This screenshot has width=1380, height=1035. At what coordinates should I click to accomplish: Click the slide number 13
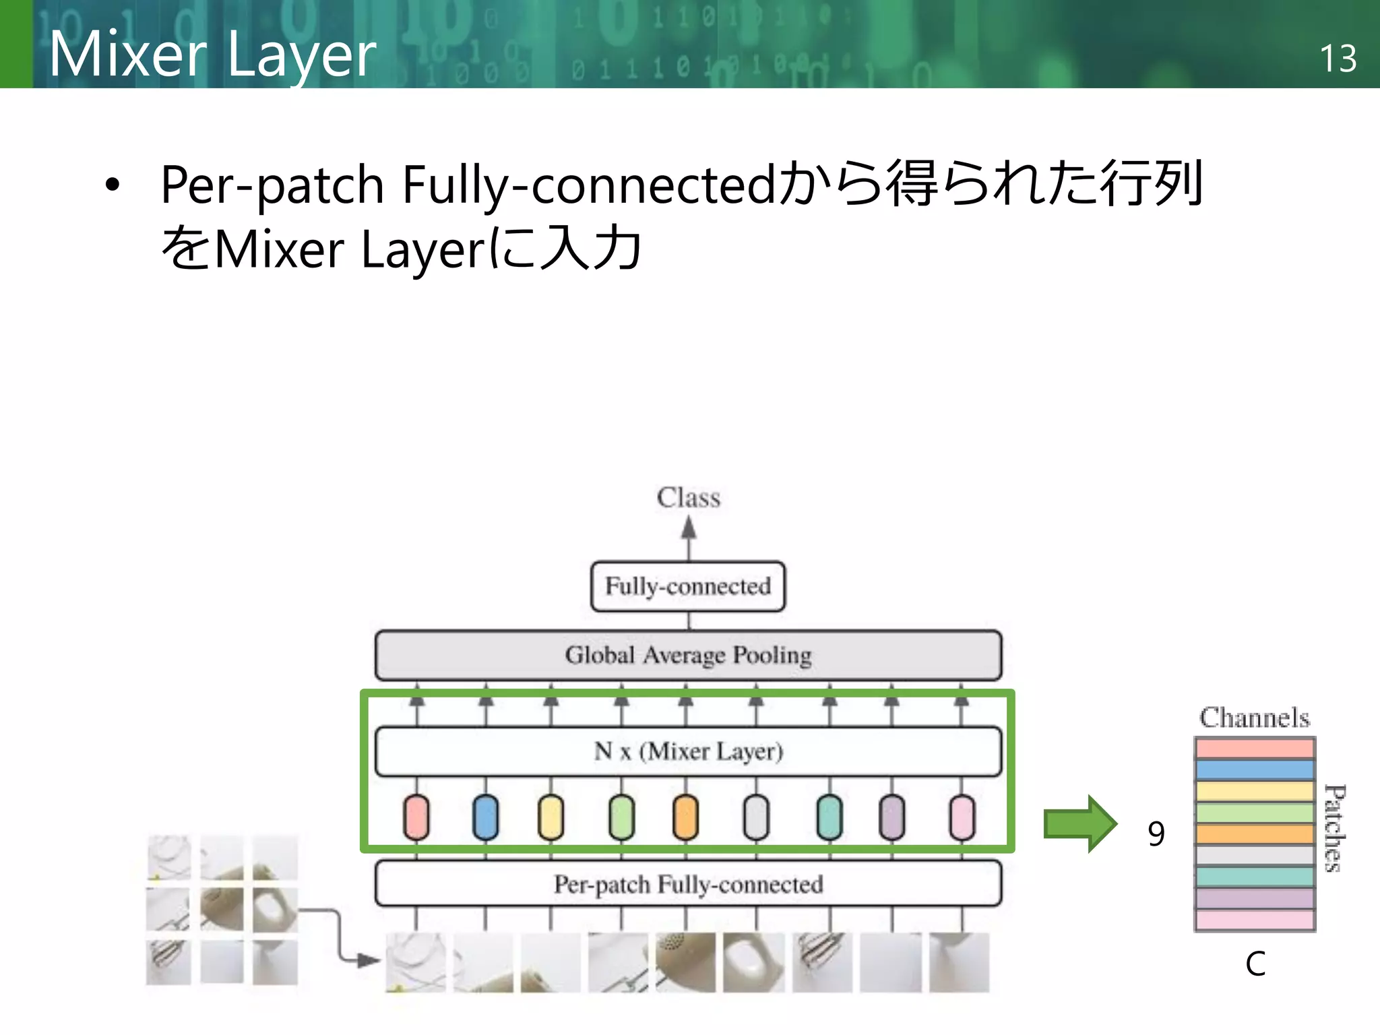coord(1338,59)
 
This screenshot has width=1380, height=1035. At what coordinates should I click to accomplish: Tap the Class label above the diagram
coord(688,498)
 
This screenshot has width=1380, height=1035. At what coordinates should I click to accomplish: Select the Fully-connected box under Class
coord(688,586)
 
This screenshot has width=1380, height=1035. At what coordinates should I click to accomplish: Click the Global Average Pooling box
coord(688,655)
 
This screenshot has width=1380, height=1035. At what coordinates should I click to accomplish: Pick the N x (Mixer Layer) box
coord(688,751)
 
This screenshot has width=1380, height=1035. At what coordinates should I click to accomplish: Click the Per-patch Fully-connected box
coord(688,883)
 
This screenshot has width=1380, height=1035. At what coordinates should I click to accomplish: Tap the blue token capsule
coord(485,817)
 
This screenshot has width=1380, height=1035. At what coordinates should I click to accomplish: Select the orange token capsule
coord(685,817)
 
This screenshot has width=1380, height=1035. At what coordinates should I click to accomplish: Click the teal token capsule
coord(829,817)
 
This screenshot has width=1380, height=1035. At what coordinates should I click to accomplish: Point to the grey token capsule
coord(756,817)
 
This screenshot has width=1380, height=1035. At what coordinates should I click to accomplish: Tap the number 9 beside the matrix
coord(1156,834)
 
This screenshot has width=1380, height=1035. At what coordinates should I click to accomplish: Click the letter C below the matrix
coord(1255,964)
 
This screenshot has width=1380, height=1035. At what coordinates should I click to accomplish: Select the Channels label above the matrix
coord(1255,718)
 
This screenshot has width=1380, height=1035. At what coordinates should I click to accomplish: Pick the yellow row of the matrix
coord(1255,790)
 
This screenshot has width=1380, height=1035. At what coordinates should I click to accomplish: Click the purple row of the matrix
coord(1255,898)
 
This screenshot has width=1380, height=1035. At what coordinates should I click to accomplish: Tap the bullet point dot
coord(113,184)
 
